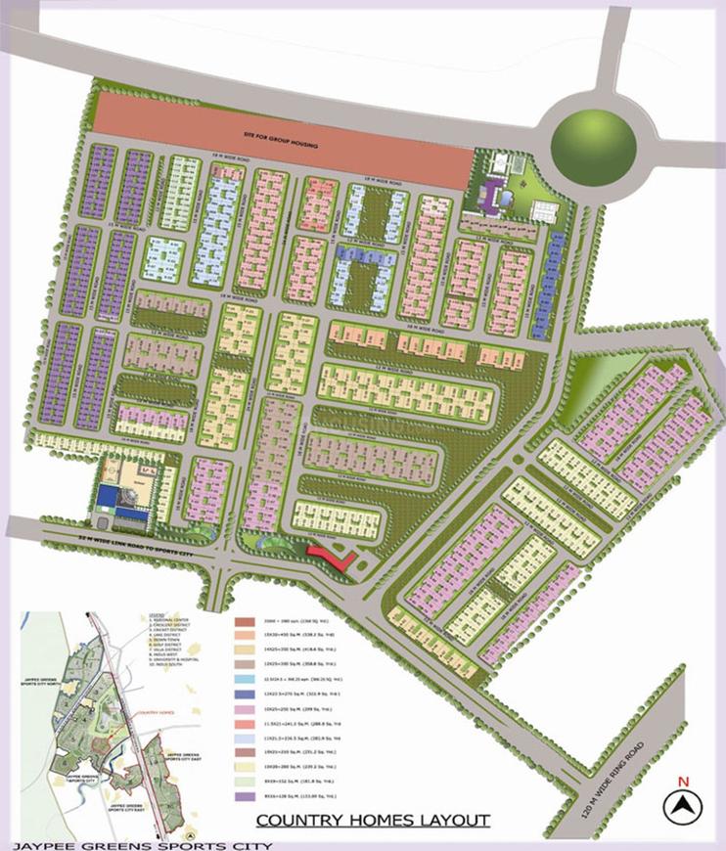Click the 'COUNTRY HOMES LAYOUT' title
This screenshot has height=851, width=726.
pyautogui.click(x=373, y=820)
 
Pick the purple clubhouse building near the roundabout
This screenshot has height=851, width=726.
pyautogui.click(x=489, y=196)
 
